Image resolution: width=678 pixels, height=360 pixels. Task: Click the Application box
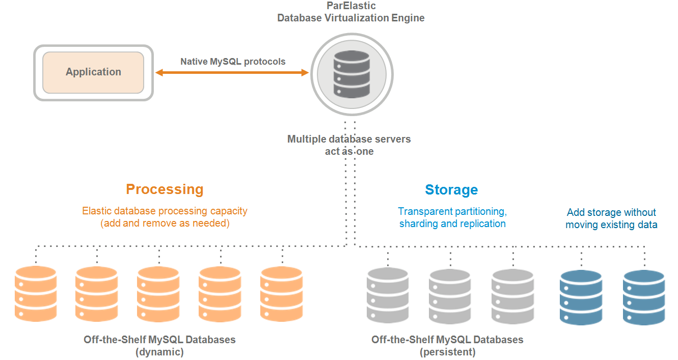point(93,72)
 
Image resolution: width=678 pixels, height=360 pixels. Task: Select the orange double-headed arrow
point(232,73)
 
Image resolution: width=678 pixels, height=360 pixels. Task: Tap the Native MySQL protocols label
point(233,62)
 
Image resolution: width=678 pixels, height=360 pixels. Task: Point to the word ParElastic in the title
point(350,6)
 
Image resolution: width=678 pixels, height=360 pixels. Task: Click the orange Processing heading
point(165,189)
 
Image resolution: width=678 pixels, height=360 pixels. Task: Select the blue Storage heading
point(451,190)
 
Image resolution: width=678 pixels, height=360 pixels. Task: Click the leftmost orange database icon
point(36,293)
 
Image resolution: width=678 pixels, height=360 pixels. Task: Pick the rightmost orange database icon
point(282,293)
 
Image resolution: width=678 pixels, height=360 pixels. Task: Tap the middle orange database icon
point(158,293)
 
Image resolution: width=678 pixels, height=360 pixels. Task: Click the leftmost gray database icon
point(388,295)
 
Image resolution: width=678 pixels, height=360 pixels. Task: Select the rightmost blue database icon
point(644,297)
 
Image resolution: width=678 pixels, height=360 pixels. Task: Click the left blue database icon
point(581,297)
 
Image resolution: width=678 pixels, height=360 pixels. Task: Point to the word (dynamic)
point(159,351)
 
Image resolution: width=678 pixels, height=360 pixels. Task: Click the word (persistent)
point(447,351)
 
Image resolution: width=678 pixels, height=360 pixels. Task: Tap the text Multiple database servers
point(349,139)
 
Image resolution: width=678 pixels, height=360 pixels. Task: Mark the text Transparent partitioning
point(452,211)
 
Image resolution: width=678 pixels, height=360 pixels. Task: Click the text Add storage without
point(611,212)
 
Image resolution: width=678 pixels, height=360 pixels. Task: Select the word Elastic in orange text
point(96,211)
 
